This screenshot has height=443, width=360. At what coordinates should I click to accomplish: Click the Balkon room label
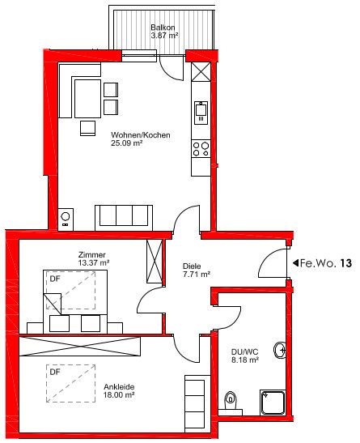point(163,28)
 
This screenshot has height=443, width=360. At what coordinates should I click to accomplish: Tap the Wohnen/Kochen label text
point(141,135)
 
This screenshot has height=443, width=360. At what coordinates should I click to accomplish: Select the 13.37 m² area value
point(94,262)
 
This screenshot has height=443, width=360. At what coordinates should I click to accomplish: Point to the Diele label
point(192,266)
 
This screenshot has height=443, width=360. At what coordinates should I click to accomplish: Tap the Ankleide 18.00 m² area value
point(118,394)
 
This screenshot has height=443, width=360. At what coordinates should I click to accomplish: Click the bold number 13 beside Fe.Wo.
point(345,263)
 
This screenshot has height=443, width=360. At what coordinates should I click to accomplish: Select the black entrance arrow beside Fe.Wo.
point(295,263)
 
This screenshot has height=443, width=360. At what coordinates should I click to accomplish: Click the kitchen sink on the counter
point(201,113)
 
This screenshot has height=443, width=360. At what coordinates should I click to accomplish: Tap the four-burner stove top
point(201,149)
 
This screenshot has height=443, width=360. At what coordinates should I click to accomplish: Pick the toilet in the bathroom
point(231,401)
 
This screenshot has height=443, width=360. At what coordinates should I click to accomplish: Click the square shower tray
point(273,403)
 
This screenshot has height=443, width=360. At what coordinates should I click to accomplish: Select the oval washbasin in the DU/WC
point(280,351)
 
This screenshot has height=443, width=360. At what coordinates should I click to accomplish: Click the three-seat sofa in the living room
point(124,218)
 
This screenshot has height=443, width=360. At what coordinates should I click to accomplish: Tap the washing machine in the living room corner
point(66,219)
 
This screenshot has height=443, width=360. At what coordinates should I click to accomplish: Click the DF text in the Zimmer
point(55,279)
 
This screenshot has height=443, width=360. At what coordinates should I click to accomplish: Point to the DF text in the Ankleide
point(55,372)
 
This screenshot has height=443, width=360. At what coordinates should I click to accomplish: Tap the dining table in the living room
point(87,98)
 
